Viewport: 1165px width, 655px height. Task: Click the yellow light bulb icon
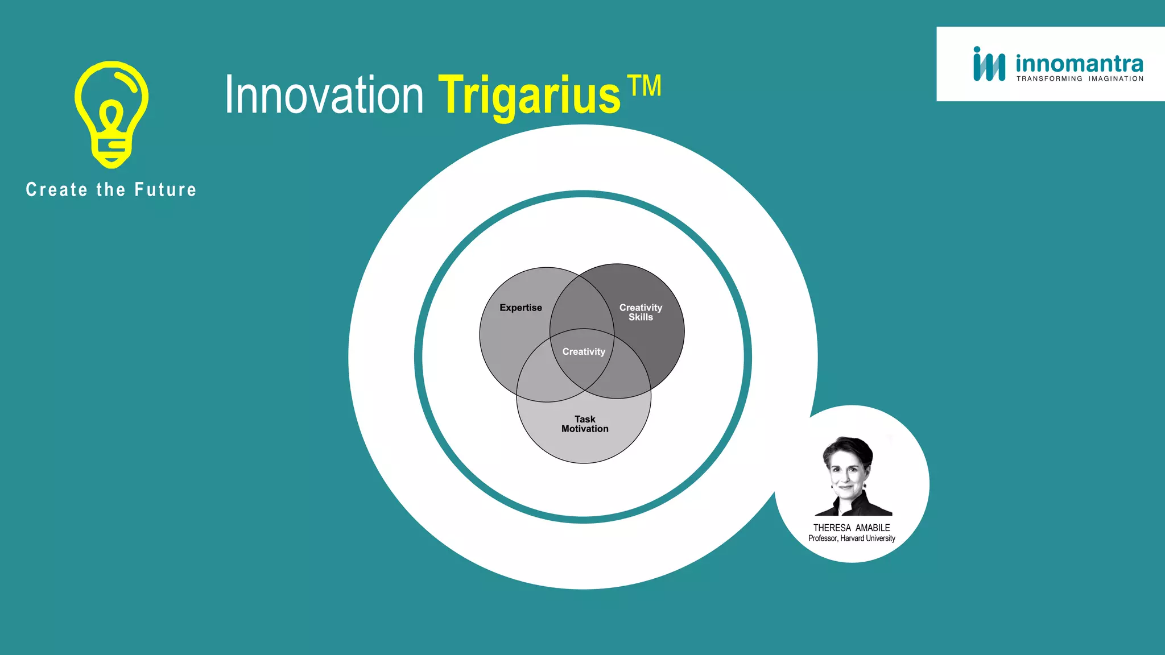(x=111, y=114)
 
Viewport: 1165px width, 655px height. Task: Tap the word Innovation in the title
(x=324, y=96)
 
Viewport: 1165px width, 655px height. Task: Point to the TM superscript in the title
(x=645, y=86)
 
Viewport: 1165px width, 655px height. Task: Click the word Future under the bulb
(x=166, y=190)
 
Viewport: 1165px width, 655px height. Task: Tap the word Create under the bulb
(x=57, y=190)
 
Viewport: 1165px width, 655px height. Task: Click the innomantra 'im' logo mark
(x=989, y=64)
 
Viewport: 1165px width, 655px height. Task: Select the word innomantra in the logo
(x=1079, y=63)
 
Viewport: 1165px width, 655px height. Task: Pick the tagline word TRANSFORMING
(x=1049, y=79)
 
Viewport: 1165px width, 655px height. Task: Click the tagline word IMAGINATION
(x=1116, y=79)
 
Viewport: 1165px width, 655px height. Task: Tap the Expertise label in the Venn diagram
(x=520, y=308)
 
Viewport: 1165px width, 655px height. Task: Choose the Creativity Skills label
(x=641, y=312)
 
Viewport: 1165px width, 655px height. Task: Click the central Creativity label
(x=584, y=352)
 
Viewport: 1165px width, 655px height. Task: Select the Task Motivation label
(x=585, y=424)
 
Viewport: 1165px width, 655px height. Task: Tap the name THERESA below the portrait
(x=832, y=528)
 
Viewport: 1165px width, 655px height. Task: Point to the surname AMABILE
(x=873, y=528)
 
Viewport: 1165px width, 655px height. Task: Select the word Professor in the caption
(x=823, y=538)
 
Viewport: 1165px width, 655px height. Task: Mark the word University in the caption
(x=881, y=538)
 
